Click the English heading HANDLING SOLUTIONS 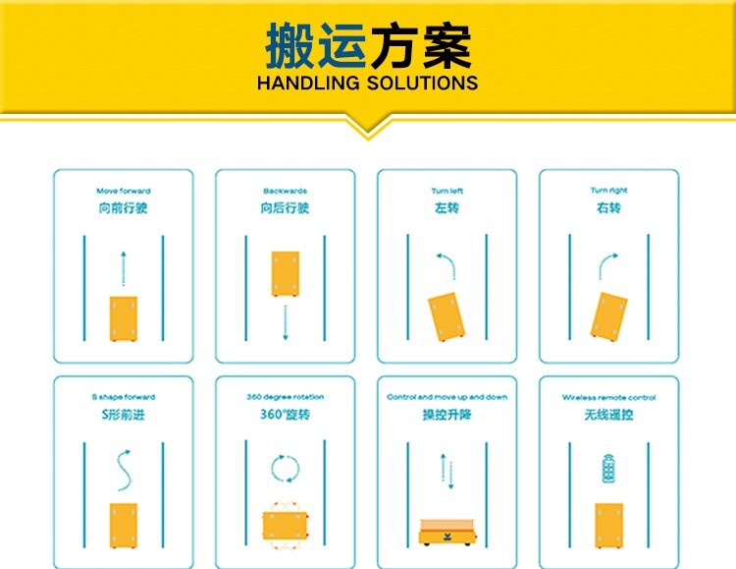[x=368, y=83]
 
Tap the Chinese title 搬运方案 [x=368, y=46]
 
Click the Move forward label [x=124, y=191]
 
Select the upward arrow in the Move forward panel [x=124, y=268]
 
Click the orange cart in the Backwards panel [x=286, y=273]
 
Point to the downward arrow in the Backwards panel [x=286, y=322]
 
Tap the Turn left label [x=447, y=191]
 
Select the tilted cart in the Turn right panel [x=608, y=316]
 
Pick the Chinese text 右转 [x=608, y=207]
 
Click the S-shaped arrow [x=124, y=471]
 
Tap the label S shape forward [x=124, y=397]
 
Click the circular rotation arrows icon [x=286, y=469]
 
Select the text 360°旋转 [x=285, y=415]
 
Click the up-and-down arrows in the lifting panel [x=447, y=471]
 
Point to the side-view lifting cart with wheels [x=447, y=533]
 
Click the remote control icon [x=608, y=469]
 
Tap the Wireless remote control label [x=608, y=397]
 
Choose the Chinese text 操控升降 [x=447, y=415]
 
